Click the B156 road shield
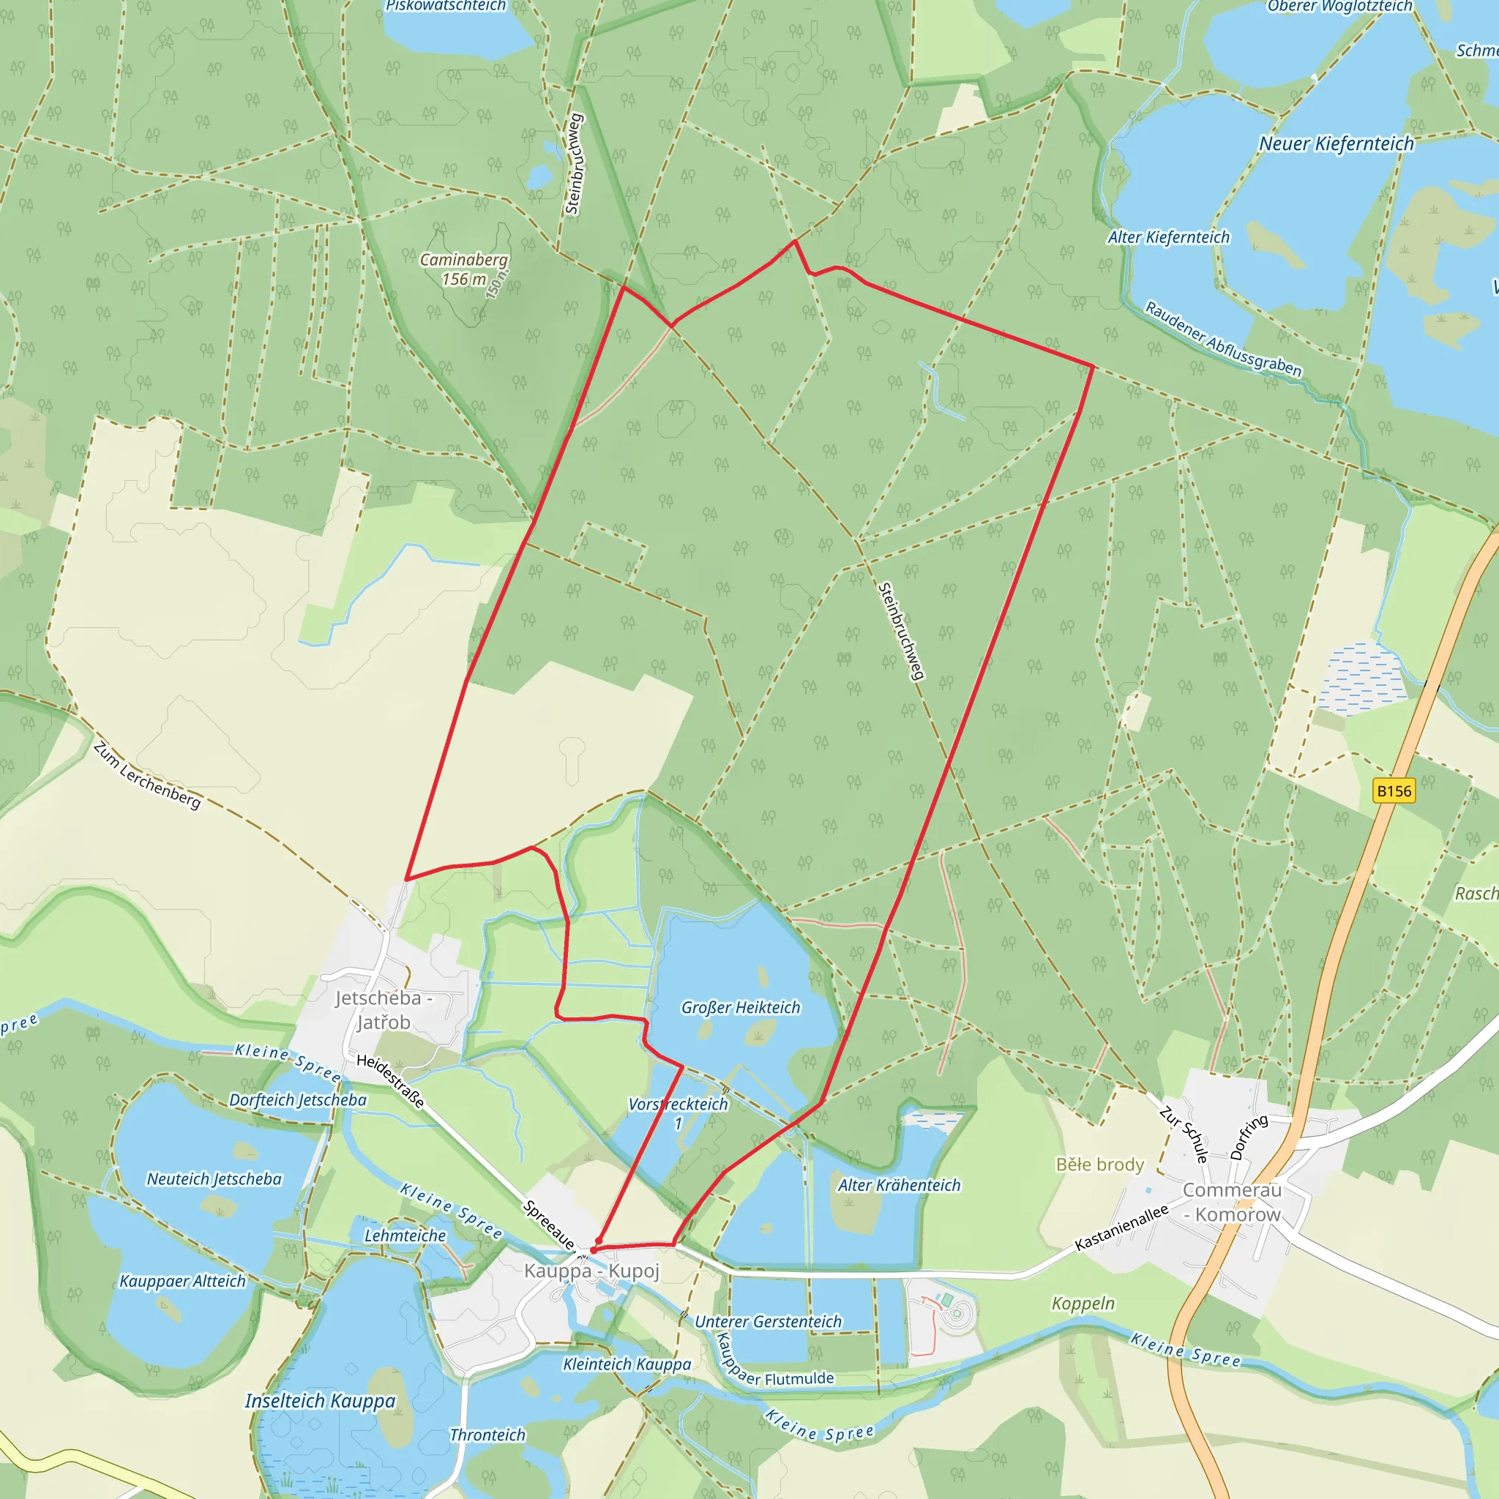point(1394,790)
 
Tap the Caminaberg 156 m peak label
point(464,269)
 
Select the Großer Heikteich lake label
point(740,1007)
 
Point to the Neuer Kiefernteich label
point(1336,143)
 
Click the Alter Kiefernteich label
point(1168,237)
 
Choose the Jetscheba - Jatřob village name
point(384,1009)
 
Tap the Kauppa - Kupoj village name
point(591,1270)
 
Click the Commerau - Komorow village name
point(1232,1202)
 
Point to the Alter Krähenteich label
point(899,1185)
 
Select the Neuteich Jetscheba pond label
point(214,1178)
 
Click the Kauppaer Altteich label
point(182,1281)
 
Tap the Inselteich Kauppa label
point(320,1400)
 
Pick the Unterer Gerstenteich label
point(767,1321)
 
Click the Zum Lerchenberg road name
point(146,775)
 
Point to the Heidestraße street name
point(390,1081)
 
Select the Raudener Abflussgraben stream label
point(1223,339)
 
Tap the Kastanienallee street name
point(1121,1227)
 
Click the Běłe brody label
point(1099,1165)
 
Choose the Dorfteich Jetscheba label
point(298,1099)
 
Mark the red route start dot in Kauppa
point(594,1250)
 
